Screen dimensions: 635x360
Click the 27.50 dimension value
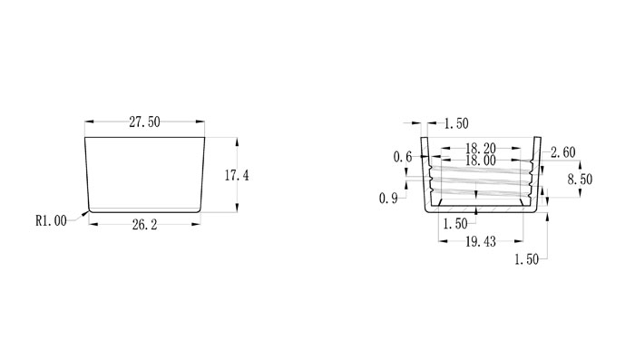click(x=144, y=122)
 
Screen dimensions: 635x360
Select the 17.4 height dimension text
click(x=237, y=175)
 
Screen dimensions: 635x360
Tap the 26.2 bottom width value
click(x=144, y=225)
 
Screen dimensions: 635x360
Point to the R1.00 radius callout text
click(x=51, y=220)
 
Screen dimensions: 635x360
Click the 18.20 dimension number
click(x=481, y=148)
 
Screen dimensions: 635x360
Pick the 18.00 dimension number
click(x=481, y=161)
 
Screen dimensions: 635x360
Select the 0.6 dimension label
click(x=403, y=157)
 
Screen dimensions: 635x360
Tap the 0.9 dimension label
click(x=388, y=199)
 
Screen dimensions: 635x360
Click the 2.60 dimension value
click(x=563, y=152)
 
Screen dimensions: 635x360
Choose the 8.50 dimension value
click(x=580, y=179)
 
